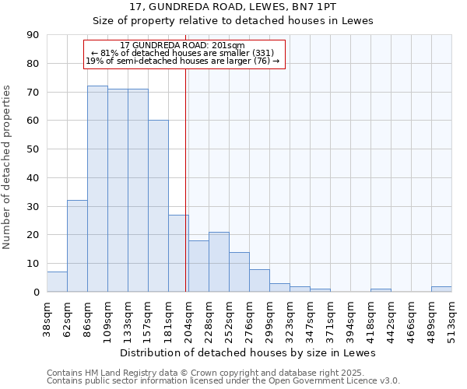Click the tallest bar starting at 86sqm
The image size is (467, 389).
point(97,189)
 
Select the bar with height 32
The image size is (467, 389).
point(77,246)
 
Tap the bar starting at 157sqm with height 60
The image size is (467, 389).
point(158,206)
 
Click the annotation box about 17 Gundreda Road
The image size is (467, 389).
point(184,54)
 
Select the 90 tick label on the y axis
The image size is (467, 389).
point(33,35)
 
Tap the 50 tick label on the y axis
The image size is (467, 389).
point(33,149)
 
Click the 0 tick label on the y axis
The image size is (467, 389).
point(36,293)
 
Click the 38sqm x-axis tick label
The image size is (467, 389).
point(47,318)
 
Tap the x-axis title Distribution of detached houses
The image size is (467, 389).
point(248,353)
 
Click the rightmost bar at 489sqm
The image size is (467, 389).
point(441,289)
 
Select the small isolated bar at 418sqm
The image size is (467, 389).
point(381,290)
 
